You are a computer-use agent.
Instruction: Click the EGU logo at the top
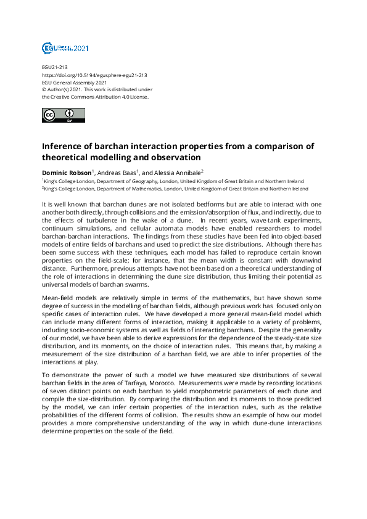(x=65, y=47)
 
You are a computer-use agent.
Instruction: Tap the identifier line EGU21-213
(x=54, y=67)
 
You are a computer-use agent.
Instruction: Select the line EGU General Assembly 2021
(x=75, y=82)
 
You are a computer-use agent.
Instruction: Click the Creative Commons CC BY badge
(x=63, y=115)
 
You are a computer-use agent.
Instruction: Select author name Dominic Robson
(x=66, y=172)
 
